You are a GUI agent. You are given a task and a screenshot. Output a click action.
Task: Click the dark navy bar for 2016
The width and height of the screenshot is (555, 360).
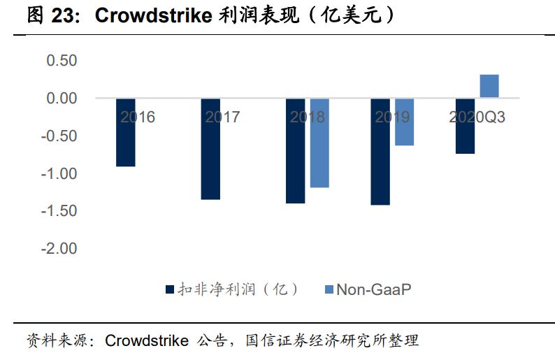pyautogui.click(x=125, y=132)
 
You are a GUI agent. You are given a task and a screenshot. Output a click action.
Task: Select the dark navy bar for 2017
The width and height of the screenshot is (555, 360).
pyautogui.click(x=210, y=149)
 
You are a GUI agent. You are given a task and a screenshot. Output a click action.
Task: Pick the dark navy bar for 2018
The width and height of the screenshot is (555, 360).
pyautogui.click(x=295, y=150)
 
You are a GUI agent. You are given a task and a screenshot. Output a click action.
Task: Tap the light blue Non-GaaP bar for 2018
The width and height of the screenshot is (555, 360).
pyautogui.click(x=319, y=143)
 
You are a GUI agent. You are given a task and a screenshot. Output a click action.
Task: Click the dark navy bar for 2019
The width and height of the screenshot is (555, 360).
pyautogui.click(x=380, y=151)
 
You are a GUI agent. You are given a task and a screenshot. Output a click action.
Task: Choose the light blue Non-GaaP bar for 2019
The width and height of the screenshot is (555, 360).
pyautogui.click(x=404, y=122)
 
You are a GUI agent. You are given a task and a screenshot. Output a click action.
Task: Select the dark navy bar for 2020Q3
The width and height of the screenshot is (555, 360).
pyautogui.click(x=465, y=126)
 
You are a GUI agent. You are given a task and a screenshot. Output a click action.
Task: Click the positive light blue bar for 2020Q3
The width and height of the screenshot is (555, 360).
pyautogui.click(x=489, y=86)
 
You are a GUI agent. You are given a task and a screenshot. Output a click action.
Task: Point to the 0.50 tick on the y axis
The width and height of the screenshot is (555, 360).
pyautogui.click(x=62, y=61)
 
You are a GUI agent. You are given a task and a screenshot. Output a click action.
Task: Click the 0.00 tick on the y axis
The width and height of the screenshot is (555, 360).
pyautogui.click(x=62, y=99)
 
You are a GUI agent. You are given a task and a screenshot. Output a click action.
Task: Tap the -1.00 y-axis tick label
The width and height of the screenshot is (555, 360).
pyautogui.click(x=59, y=173)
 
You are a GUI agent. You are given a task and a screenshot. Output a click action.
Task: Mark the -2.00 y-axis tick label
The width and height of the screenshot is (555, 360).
pyautogui.click(x=59, y=249)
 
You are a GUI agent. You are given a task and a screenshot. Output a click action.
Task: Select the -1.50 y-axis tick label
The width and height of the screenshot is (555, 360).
pyautogui.click(x=59, y=211)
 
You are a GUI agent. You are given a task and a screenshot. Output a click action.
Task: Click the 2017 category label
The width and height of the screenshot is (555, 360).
pyautogui.click(x=222, y=117)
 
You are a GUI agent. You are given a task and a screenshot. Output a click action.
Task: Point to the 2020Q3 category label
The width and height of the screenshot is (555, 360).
pyautogui.click(x=477, y=117)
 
